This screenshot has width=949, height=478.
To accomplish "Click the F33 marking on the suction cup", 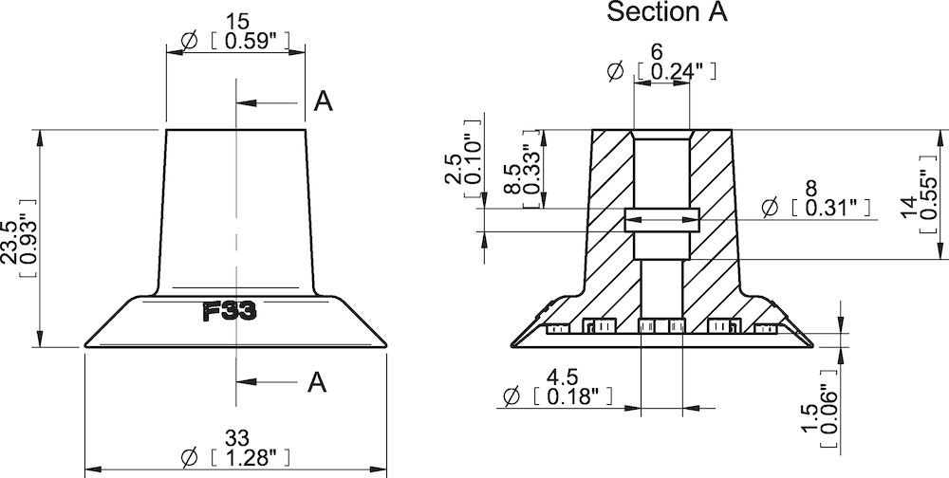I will [x=231, y=312].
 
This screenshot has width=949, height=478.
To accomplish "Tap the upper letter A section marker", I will [x=323, y=102].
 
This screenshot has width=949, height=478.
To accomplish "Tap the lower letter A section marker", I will [x=317, y=382].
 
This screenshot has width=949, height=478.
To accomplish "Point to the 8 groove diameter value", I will [x=809, y=187].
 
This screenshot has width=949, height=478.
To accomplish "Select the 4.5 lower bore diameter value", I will [x=563, y=376].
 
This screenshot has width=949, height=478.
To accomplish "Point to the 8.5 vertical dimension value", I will [x=512, y=177].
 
